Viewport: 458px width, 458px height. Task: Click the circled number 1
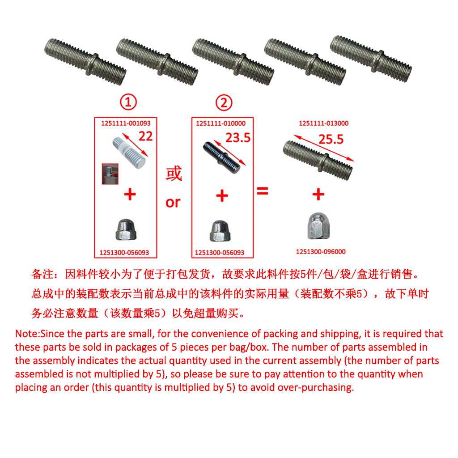[x=128, y=102]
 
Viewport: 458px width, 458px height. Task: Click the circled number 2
[x=224, y=103]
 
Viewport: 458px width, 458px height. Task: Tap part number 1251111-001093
[x=126, y=123]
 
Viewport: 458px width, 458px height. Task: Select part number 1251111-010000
[x=221, y=123]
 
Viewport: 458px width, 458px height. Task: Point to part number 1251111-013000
[x=324, y=123]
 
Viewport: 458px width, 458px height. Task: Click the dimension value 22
[x=145, y=136]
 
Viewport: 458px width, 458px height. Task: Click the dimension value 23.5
[x=238, y=138]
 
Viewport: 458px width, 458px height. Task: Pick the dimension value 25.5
[x=331, y=139]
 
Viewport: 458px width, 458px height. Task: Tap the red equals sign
[x=262, y=191]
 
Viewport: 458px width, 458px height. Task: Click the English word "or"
[x=173, y=203]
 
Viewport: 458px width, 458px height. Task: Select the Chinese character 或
[x=174, y=174]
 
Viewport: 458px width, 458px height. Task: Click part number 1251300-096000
[x=321, y=251]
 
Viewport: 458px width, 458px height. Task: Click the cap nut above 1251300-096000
[x=318, y=226]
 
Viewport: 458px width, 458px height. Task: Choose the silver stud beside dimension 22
[x=129, y=153]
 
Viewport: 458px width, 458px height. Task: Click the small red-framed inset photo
[x=110, y=174]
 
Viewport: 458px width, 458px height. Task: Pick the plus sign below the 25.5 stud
[x=318, y=194]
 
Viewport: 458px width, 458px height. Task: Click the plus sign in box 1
[x=130, y=194]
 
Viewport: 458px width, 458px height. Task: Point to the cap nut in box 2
[x=219, y=231]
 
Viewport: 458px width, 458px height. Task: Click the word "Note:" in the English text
[x=27, y=334]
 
